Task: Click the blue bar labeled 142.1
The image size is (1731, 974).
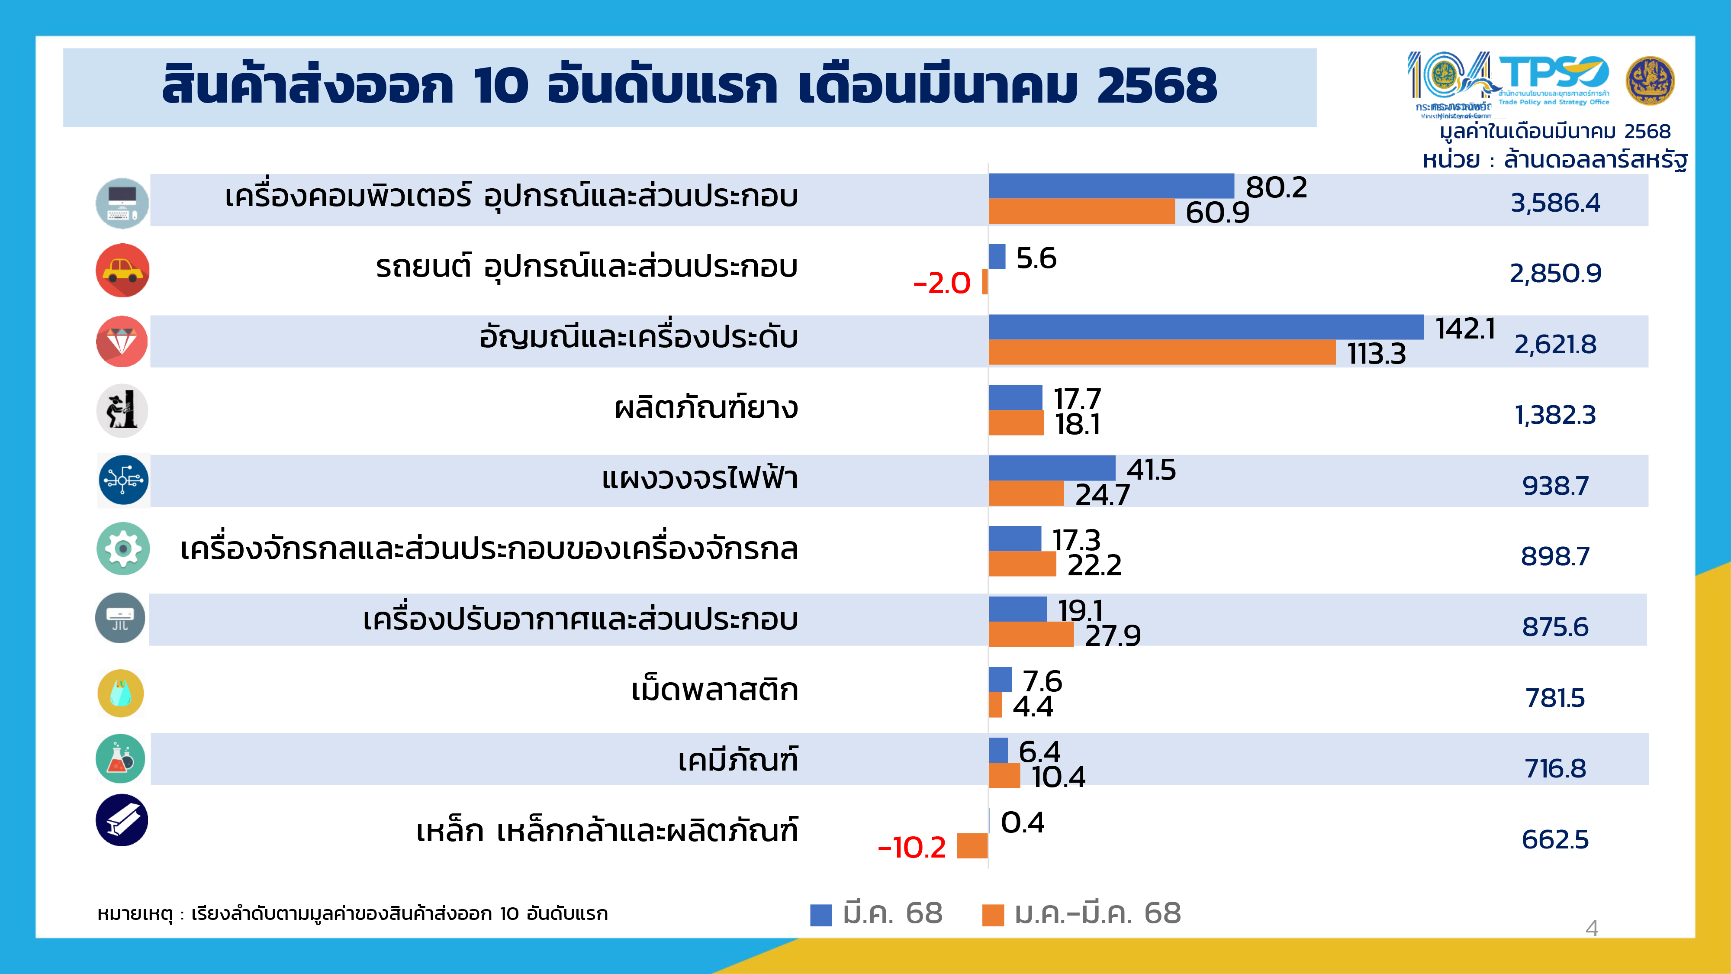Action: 1206,327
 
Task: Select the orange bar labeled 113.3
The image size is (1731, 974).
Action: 1162,353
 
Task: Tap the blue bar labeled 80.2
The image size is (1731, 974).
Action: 1111,186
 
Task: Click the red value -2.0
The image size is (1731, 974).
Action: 941,283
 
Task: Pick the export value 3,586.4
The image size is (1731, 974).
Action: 1555,202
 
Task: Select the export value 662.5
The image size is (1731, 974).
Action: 1555,839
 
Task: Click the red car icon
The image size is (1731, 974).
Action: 122,270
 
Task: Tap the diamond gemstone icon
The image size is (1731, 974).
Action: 122,342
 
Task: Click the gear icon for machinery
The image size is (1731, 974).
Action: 123,548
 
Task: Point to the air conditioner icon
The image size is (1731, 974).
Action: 120,618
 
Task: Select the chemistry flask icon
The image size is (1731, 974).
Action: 120,758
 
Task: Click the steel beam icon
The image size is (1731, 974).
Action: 122,820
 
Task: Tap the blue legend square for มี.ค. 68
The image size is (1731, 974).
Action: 820,915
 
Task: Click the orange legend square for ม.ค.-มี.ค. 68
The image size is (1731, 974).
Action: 992,915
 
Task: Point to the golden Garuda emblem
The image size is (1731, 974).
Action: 1650,81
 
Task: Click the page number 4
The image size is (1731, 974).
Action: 1591,928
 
